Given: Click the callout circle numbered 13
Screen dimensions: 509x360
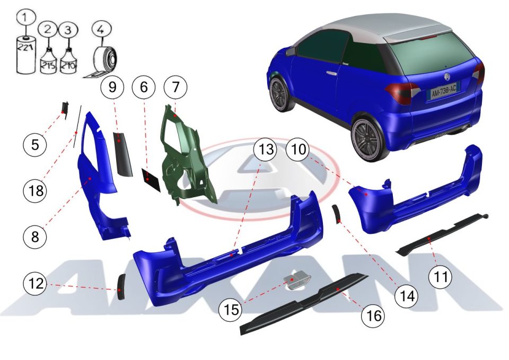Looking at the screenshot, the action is [266, 150].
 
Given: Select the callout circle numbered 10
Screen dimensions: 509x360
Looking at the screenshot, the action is [299, 150].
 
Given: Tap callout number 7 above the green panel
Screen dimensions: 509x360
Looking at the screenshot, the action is [175, 87].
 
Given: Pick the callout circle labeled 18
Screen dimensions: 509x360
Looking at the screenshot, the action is [35, 190].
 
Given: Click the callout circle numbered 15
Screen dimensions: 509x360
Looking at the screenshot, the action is [231, 309].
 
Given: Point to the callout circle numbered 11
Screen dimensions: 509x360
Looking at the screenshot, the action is [440, 277].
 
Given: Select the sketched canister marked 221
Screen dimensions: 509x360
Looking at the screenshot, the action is [27, 55].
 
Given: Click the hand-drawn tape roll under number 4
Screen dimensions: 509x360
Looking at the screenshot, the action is [101, 62].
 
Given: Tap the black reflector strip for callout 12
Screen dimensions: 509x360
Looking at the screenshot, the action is [121, 287].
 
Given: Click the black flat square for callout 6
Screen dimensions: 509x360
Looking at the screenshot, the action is [151, 179].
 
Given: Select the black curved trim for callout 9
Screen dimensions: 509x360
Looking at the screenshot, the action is [122, 154].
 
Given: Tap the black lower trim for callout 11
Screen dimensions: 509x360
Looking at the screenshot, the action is [442, 234].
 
